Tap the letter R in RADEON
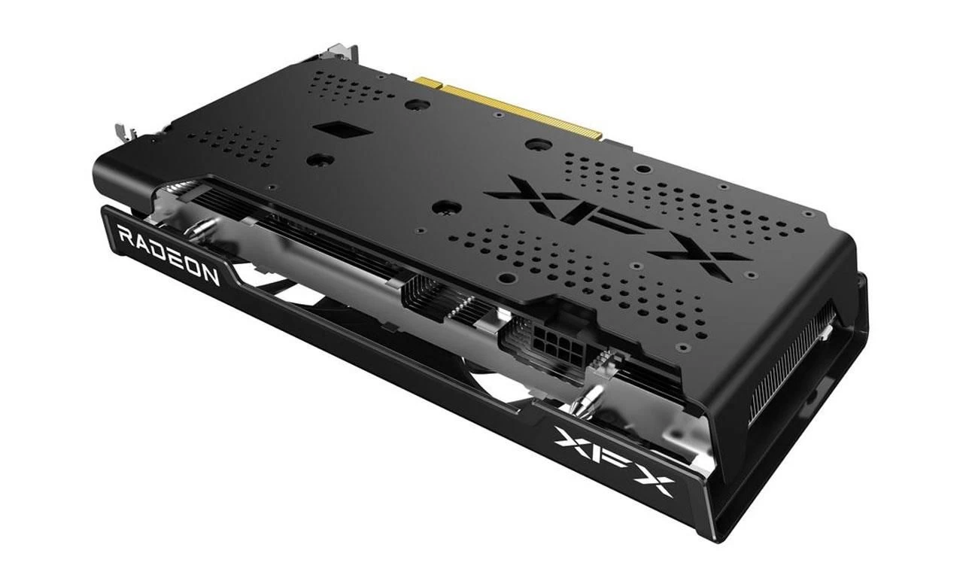[x=126, y=237]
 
